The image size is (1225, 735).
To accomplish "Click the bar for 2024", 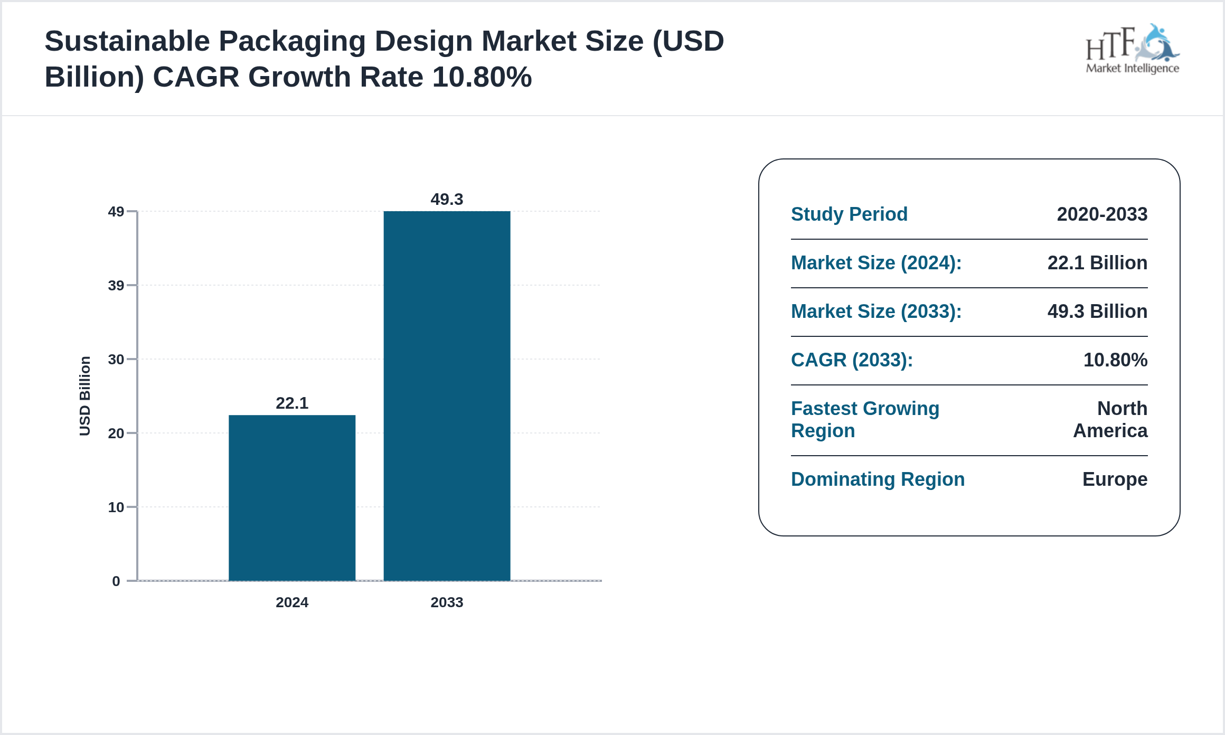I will (292, 497).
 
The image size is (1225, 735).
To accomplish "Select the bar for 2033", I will (447, 396).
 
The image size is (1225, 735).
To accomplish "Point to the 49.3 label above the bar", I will (447, 199).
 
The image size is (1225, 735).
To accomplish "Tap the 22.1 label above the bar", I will (292, 403).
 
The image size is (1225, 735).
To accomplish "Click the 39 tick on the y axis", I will (116, 286).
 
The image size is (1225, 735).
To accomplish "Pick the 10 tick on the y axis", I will (116, 507).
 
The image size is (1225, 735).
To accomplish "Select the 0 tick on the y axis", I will (116, 581).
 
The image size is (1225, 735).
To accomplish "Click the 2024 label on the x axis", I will (292, 602).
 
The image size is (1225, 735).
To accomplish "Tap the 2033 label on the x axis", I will (447, 602).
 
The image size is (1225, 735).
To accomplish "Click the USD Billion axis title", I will (85, 396).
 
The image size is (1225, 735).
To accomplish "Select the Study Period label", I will (849, 214).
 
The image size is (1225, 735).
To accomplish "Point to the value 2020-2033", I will (1102, 214).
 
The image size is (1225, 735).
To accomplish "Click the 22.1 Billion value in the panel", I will (1097, 263).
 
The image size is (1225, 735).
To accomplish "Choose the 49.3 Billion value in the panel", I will (1097, 312).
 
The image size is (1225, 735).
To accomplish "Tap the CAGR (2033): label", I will (852, 360).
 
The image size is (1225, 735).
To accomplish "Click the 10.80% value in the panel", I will (1115, 360).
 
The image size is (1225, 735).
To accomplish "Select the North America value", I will (1110, 420).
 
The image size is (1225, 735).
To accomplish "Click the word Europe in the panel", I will (1115, 479).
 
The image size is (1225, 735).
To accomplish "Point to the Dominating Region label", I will (878, 479).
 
